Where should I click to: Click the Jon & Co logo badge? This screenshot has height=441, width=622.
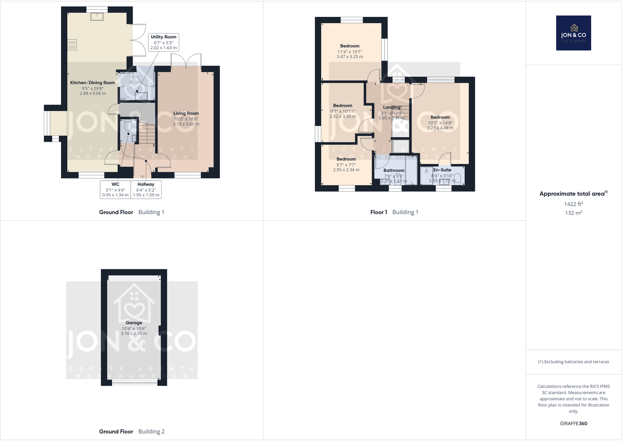pyautogui.click(x=573, y=33)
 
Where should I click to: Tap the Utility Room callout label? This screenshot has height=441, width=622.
pyautogui.click(x=164, y=42)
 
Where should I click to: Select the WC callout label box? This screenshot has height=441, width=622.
pyautogui.click(x=115, y=189)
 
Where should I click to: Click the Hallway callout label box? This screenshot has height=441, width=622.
pyautogui.click(x=146, y=189)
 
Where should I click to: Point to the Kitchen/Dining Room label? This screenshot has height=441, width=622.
pyautogui.click(x=93, y=83)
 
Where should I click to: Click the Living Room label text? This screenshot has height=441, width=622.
pyautogui.click(x=186, y=113)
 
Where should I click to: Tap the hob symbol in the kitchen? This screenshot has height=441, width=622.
pyautogui.click(x=72, y=45)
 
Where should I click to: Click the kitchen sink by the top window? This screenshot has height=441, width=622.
pyautogui.click(x=97, y=16)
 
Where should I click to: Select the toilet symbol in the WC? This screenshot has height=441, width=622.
pyautogui.click(x=128, y=126)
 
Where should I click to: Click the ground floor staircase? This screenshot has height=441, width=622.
pyautogui.click(x=147, y=133)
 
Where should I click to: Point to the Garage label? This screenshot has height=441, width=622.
pyautogui.click(x=134, y=323)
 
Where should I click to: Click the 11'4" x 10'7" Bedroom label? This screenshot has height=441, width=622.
pyautogui.click(x=350, y=46)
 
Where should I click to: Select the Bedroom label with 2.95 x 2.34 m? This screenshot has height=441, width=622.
pyautogui.click(x=346, y=159)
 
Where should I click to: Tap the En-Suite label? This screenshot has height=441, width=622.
pyautogui.click(x=442, y=170)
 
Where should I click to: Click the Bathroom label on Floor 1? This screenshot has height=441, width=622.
pyautogui.click(x=394, y=171)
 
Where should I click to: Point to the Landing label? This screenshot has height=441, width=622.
pyautogui.click(x=392, y=107)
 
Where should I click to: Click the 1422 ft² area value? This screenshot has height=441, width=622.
pyautogui.click(x=573, y=204)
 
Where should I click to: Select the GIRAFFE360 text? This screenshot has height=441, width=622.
pyautogui.click(x=573, y=423)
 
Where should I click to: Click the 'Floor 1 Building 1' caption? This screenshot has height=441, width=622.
pyautogui.click(x=394, y=212)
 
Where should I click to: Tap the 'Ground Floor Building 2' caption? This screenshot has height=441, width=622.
pyautogui.click(x=132, y=432)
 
